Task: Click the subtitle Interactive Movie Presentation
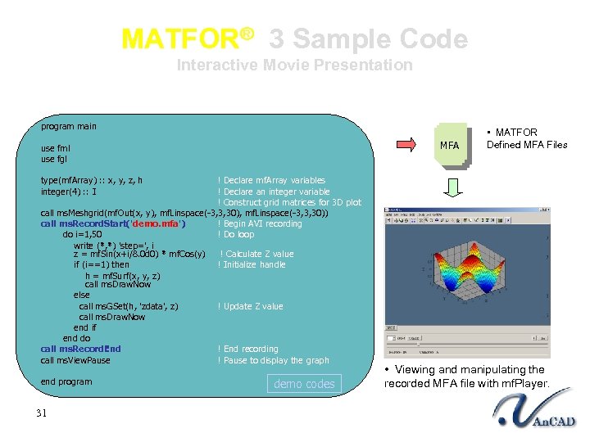point(295,65)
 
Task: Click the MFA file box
point(449,146)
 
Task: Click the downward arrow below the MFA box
point(453,188)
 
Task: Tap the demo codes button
point(304,384)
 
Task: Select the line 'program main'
point(69,126)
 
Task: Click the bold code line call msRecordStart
point(113,223)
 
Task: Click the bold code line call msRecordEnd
point(80,349)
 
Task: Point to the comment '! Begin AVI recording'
point(260,223)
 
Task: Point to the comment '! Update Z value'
point(250,306)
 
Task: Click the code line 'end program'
point(66,381)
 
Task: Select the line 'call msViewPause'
point(75,360)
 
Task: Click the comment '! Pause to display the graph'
point(273,360)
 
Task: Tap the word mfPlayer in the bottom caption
point(524,384)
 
